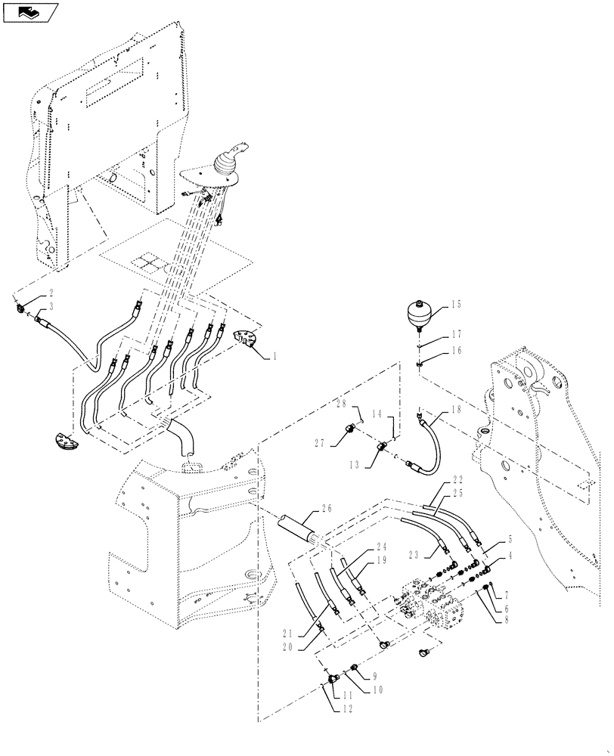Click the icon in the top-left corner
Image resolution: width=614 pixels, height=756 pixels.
tap(29, 11)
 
